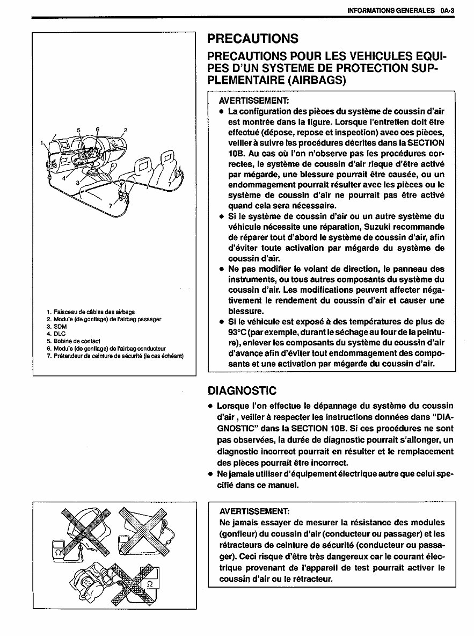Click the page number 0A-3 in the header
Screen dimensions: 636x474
coord(446,10)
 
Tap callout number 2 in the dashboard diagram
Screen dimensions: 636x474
coord(125,130)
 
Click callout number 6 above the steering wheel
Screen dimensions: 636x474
coord(98,129)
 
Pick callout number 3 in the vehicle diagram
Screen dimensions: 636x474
coord(77,183)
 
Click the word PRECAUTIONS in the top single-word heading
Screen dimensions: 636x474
coord(252,39)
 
